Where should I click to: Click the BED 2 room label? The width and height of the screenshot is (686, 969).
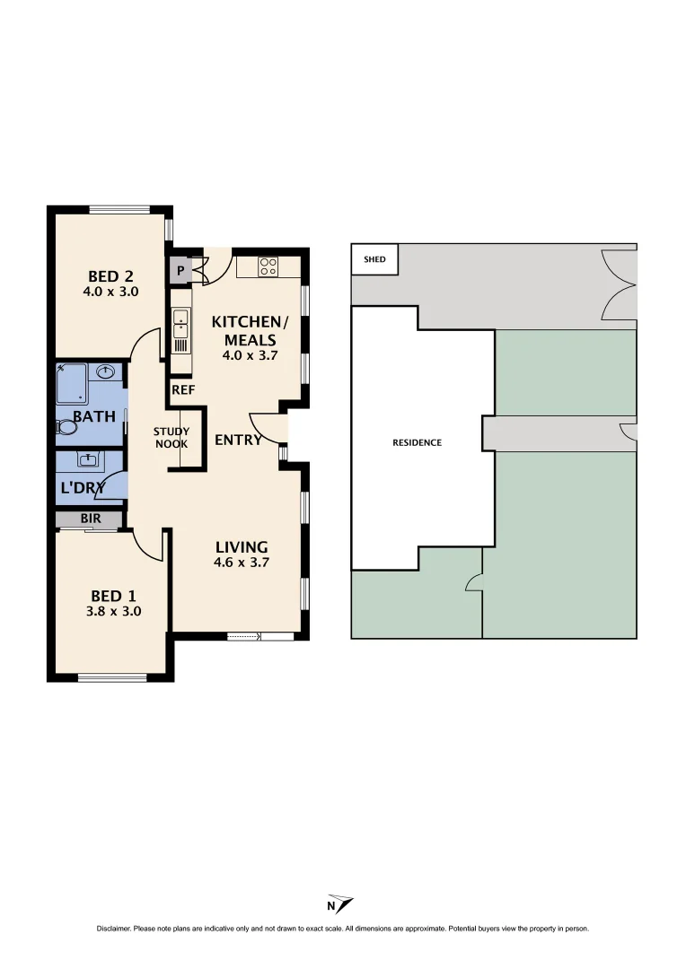coord(112,275)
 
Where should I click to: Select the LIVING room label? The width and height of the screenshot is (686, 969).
coord(242,547)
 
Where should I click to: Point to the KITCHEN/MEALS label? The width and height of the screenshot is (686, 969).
coord(251,330)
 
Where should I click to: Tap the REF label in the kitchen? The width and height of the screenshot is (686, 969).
coord(183,389)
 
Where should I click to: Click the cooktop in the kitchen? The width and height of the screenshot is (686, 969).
coord(268,266)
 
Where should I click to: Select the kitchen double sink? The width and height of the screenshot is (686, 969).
coord(180,322)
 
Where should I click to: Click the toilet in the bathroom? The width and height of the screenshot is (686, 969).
coord(66,427)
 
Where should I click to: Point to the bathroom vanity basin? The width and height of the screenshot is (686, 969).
coord(106,371)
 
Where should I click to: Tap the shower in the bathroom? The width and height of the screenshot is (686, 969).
coord(71,384)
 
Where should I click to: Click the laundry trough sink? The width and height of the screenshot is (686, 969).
coord(89,460)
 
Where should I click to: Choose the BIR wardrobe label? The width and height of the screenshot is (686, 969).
coord(89,519)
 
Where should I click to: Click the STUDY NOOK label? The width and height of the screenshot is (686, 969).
coord(171,438)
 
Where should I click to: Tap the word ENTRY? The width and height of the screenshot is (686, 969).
coord(238,440)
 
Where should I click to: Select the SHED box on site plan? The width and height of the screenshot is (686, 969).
coord(374,259)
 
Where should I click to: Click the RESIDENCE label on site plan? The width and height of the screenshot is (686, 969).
coord(418,442)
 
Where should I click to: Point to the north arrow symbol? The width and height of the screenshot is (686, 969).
coord(340,904)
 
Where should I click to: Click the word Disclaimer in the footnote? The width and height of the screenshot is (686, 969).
coord(114,929)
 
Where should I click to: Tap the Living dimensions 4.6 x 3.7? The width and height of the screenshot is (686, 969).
coord(242,563)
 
